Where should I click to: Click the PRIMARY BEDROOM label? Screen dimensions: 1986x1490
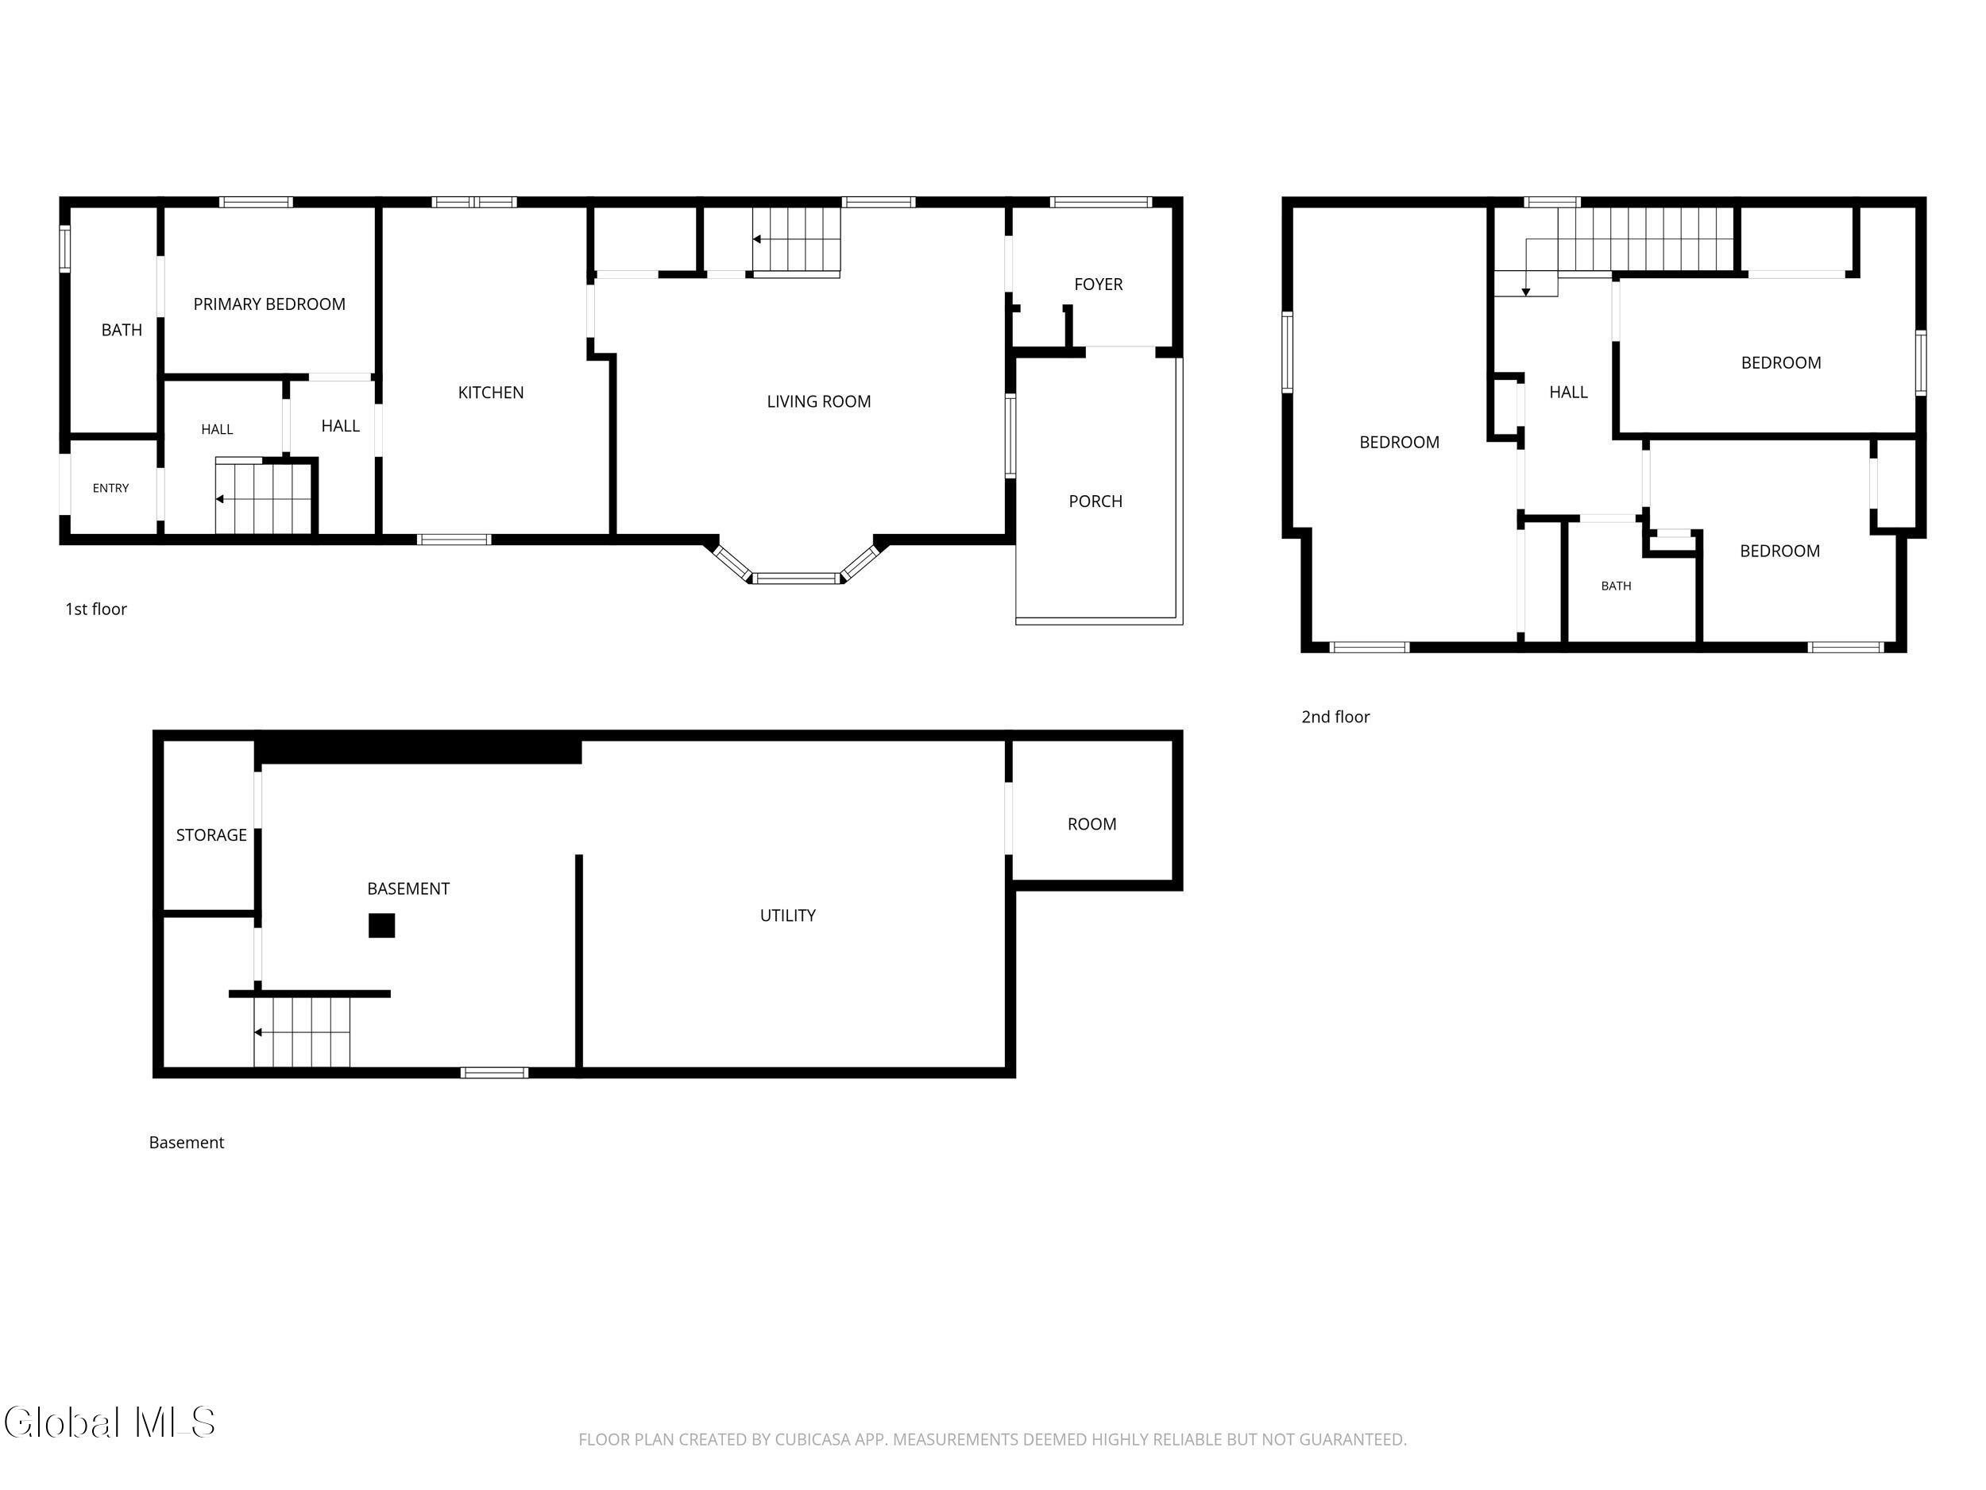(269, 304)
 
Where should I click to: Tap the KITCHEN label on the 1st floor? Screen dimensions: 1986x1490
(490, 393)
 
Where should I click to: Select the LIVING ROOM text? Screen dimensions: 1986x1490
(819, 401)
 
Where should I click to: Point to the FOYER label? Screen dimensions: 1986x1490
(1098, 284)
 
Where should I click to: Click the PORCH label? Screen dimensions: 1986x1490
(1095, 501)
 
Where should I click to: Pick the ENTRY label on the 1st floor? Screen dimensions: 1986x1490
(110, 488)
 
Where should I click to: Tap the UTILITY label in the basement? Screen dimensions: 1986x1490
(787, 915)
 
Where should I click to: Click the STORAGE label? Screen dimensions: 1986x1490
(211, 835)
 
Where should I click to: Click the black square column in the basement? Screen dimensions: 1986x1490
(381, 925)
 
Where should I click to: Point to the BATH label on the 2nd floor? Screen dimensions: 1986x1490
(1616, 586)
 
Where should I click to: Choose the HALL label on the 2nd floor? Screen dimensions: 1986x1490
(1568, 392)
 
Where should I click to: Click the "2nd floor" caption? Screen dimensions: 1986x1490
(1335, 717)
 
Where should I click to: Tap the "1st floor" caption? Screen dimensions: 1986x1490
(96, 609)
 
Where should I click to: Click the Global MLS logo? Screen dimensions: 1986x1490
(110, 1422)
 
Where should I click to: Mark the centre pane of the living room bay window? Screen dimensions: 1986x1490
(796, 579)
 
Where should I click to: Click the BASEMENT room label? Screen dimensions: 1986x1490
(408, 888)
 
